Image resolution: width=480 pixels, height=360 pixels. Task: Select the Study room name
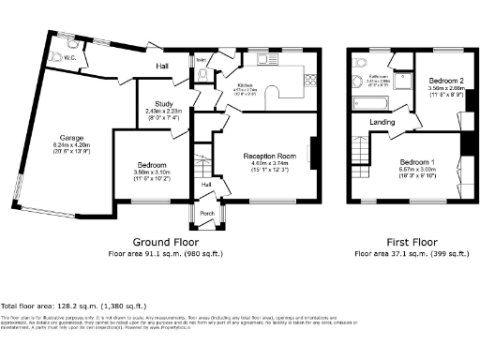click(x=156, y=103)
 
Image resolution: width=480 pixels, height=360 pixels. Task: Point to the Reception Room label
click(x=270, y=156)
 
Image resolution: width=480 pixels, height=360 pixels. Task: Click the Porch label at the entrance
click(x=206, y=213)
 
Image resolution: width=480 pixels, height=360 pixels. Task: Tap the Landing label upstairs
click(x=382, y=121)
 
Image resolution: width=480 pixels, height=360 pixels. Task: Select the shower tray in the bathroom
click(x=400, y=83)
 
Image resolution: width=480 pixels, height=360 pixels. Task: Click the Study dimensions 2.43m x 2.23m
click(x=156, y=112)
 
